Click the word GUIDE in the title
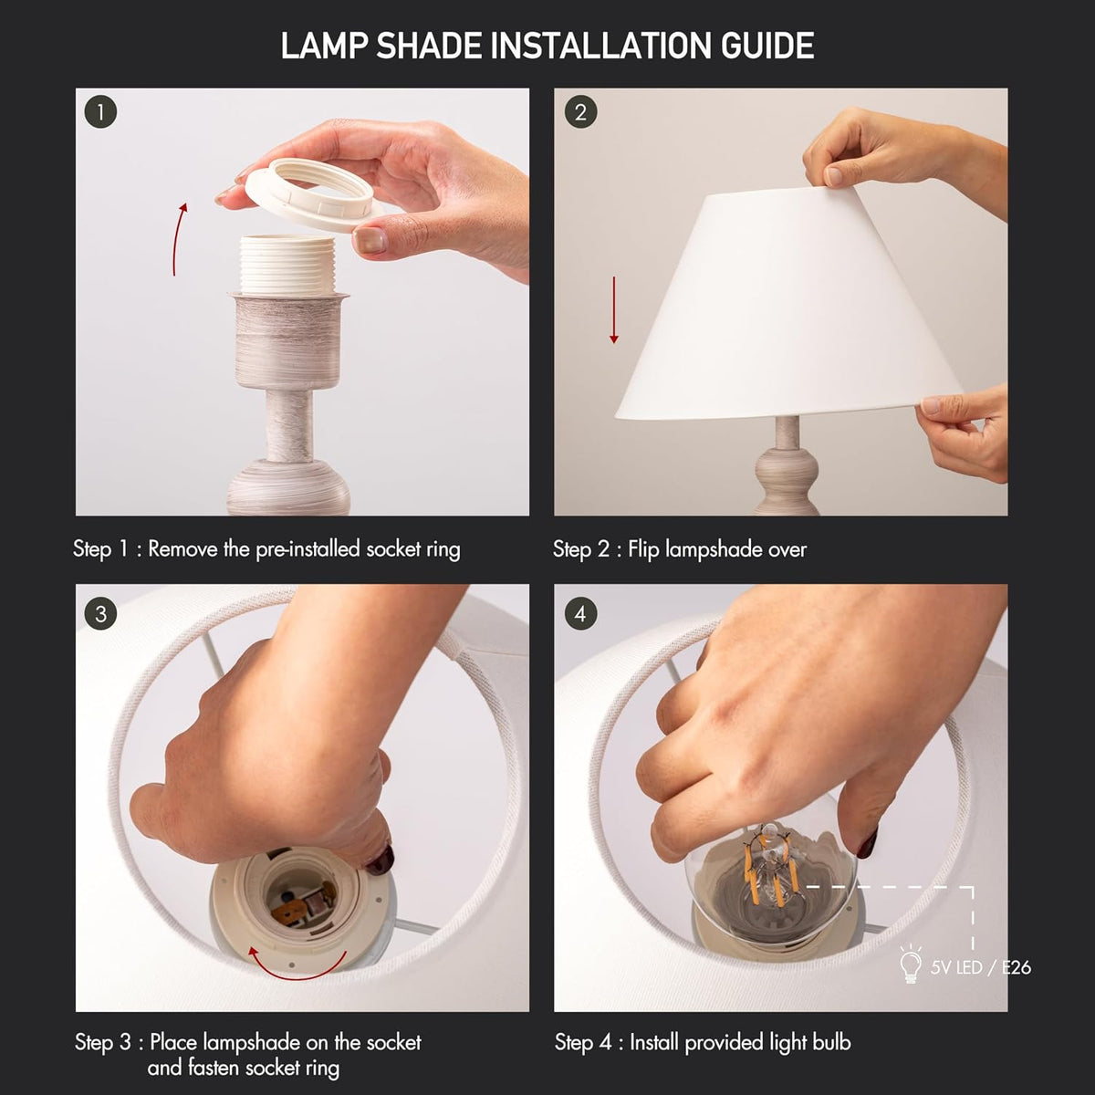tap(767, 46)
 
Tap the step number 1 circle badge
tap(100, 112)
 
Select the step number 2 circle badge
tap(580, 112)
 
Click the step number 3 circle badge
tap(100, 614)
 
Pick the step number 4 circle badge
tap(580, 614)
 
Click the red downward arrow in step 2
tap(614, 310)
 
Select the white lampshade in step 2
tap(790, 307)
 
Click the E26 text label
tap(1016, 967)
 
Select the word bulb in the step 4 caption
tap(831, 1042)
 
